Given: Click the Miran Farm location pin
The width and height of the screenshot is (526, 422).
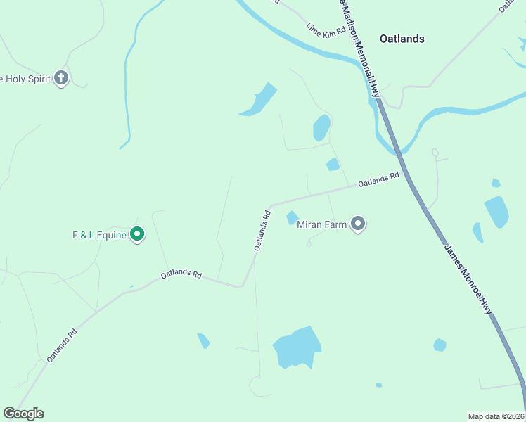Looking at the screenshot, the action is click(x=358, y=224).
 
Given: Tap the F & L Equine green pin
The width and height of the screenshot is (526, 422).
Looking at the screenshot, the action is click(x=138, y=234).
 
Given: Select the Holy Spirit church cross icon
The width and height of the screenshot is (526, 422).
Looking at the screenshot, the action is click(x=61, y=78).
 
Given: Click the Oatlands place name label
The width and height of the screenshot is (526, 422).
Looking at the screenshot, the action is click(x=402, y=39).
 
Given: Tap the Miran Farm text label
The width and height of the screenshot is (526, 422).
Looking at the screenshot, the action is click(x=322, y=225).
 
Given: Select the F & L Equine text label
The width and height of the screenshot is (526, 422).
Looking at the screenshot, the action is click(x=99, y=235).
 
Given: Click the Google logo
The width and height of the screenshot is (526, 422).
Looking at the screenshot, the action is click(x=23, y=414).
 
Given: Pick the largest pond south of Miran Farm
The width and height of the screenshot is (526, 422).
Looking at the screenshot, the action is click(x=297, y=347).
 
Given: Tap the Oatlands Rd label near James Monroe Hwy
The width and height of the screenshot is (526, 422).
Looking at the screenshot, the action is click(x=378, y=180).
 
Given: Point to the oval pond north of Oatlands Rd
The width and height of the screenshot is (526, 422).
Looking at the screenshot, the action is click(x=321, y=127).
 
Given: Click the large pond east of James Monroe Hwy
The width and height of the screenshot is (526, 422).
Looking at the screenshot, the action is click(x=496, y=211).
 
